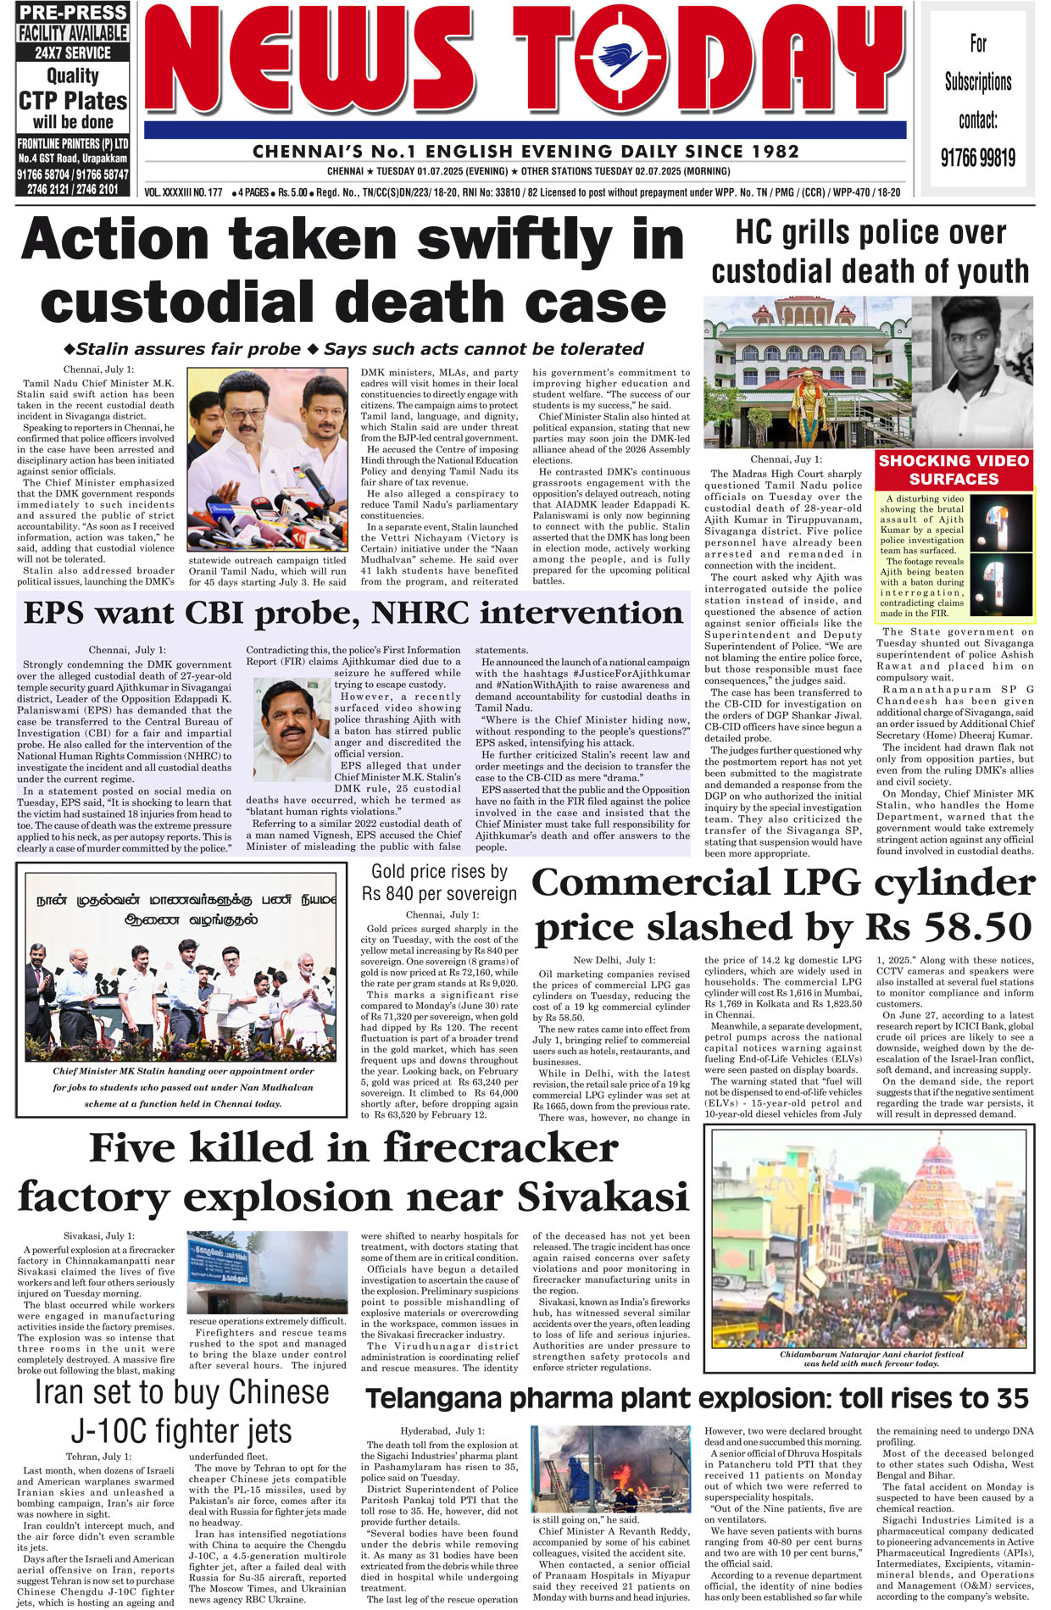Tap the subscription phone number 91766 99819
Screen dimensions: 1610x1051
click(x=977, y=158)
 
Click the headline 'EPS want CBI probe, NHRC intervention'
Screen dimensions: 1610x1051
click(x=353, y=613)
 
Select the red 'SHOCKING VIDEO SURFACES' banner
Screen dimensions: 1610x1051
click(x=954, y=469)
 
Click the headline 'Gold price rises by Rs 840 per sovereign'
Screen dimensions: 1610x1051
click(x=439, y=882)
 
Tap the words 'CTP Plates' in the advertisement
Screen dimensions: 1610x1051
click(x=73, y=101)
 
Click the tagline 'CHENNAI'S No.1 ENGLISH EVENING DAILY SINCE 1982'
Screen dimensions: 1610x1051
click(x=525, y=152)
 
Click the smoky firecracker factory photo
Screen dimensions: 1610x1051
click(x=267, y=1272)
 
